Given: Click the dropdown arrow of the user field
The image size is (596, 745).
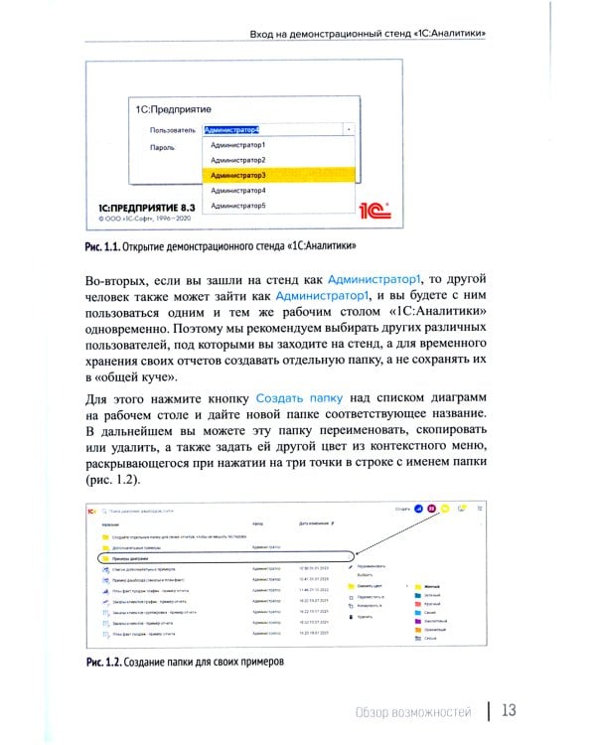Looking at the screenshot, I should tap(349, 129).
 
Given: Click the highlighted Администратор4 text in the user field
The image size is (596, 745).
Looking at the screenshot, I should tap(232, 129).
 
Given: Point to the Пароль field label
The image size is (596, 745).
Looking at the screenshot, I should tap(163, 147).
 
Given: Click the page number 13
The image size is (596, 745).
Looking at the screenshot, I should tap(508, 710).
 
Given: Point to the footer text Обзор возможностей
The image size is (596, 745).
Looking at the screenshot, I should tap(415, 711).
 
